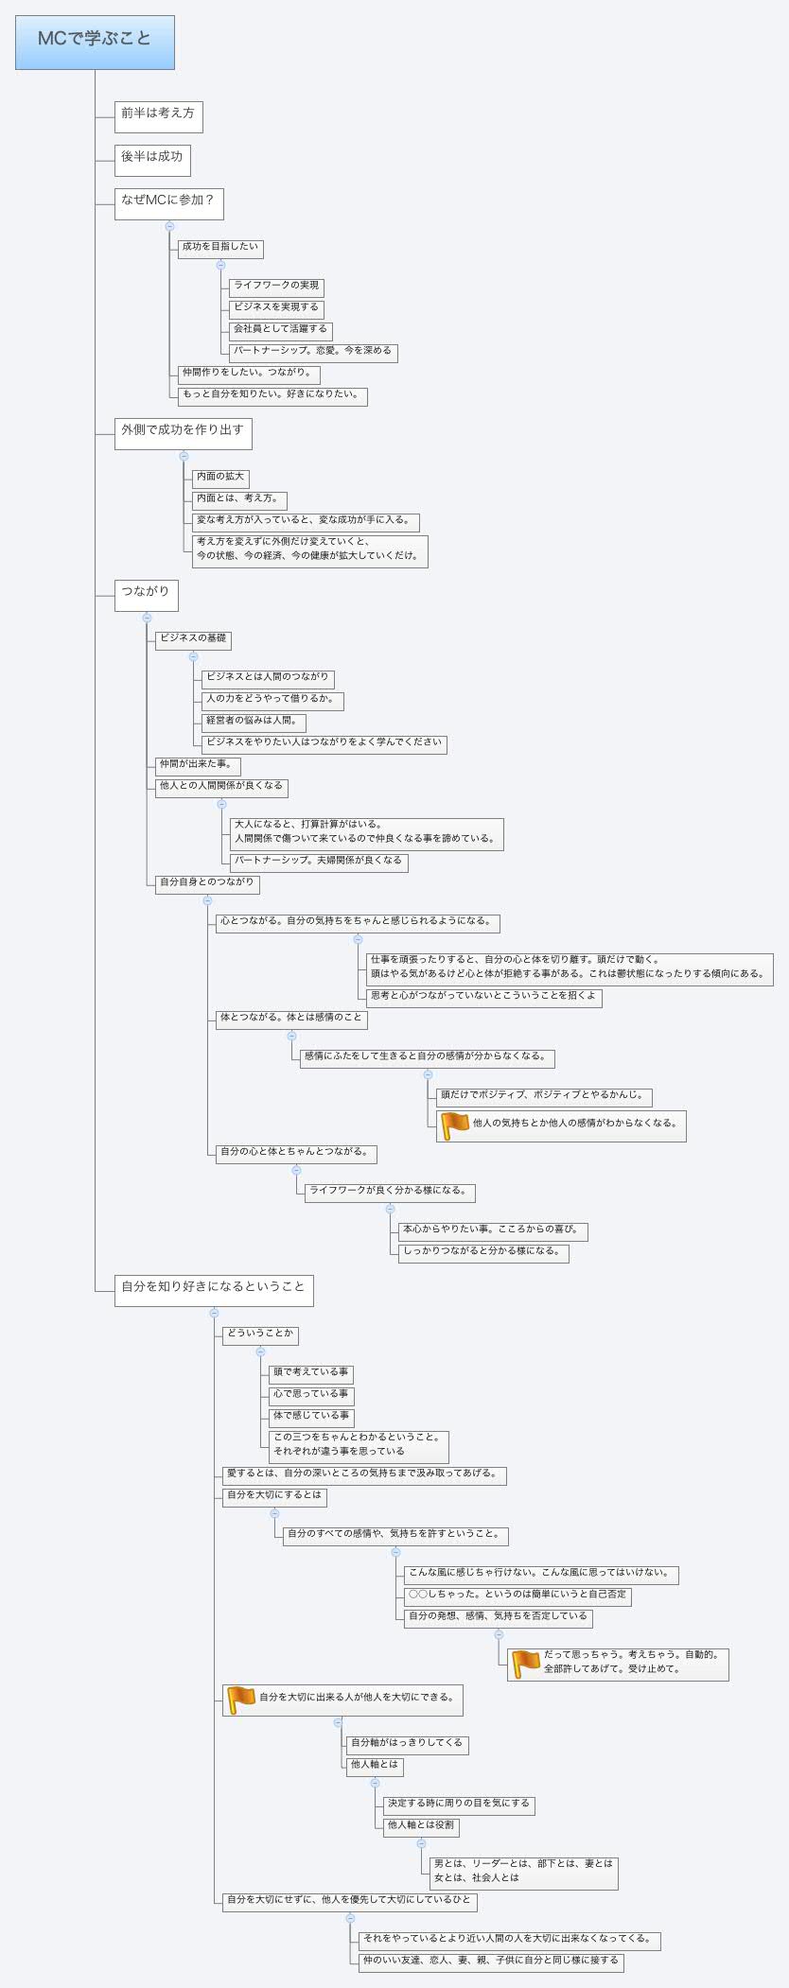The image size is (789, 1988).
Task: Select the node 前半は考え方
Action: [x=158, y=115]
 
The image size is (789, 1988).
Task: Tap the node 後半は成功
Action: [x=152, y=159]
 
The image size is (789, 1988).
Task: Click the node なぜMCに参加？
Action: [x=168, y=202]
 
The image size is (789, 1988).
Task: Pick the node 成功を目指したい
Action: [x=220, y=248]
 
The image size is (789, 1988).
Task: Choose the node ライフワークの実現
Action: [x=276, y=287]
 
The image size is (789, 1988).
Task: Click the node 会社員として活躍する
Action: [x=280, y=330]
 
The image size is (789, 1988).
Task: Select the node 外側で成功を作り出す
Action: [x=183, y=432]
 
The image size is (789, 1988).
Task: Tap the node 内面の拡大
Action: [x=220, y=478]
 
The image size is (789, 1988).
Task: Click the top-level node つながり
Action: [x=146, y=594]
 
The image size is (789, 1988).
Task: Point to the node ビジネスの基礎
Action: [x=193, y=639]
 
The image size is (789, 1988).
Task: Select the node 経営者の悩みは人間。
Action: [x=253, y=722]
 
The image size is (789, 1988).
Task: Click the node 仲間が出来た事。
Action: [x=197, y=765]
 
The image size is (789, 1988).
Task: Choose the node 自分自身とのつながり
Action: [x=207, y=883]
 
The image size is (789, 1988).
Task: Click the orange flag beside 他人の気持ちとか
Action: [x=455, y=1125]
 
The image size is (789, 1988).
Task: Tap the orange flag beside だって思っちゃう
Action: [x=526, y=1664]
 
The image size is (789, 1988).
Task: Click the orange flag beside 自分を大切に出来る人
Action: [x=242, y=1700]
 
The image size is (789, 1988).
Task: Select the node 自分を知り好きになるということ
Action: [x=214, y=1289]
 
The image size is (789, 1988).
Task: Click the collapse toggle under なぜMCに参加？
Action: [x=169, y=226]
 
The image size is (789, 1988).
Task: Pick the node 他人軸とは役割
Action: [x=420, y=1825]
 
